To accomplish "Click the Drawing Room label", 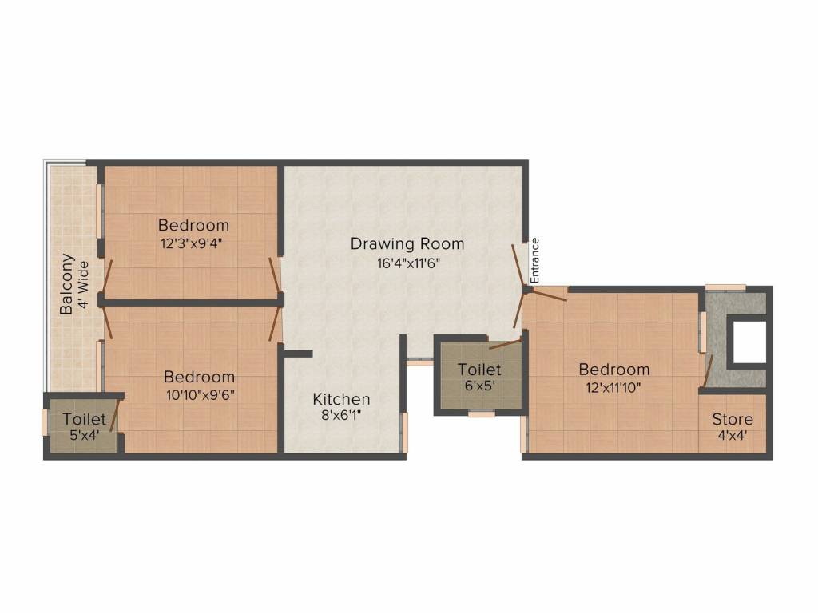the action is (407, 244).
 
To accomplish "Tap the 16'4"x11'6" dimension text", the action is (408, 263).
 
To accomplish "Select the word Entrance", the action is (534, 261).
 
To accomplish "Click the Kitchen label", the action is (341, 399).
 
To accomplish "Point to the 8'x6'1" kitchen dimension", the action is (341, 415).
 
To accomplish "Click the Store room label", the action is (733, 419).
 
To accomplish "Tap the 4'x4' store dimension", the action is (733, 435).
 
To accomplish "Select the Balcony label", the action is (66, 284).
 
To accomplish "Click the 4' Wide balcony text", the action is (83, 285).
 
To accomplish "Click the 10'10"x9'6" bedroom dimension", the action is (201, 395).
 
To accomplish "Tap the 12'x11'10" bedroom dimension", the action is (614, 388).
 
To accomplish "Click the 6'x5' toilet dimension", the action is (479, 386).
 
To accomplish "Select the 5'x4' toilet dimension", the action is (85, 435).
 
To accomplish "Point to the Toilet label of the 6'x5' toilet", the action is (479, 370).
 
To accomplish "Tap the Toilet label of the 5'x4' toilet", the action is (85, 419).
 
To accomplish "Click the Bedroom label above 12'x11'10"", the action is (614, 370).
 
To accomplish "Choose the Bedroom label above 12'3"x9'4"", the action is (193, 226).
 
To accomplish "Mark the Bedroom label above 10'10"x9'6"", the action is (199, 377).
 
